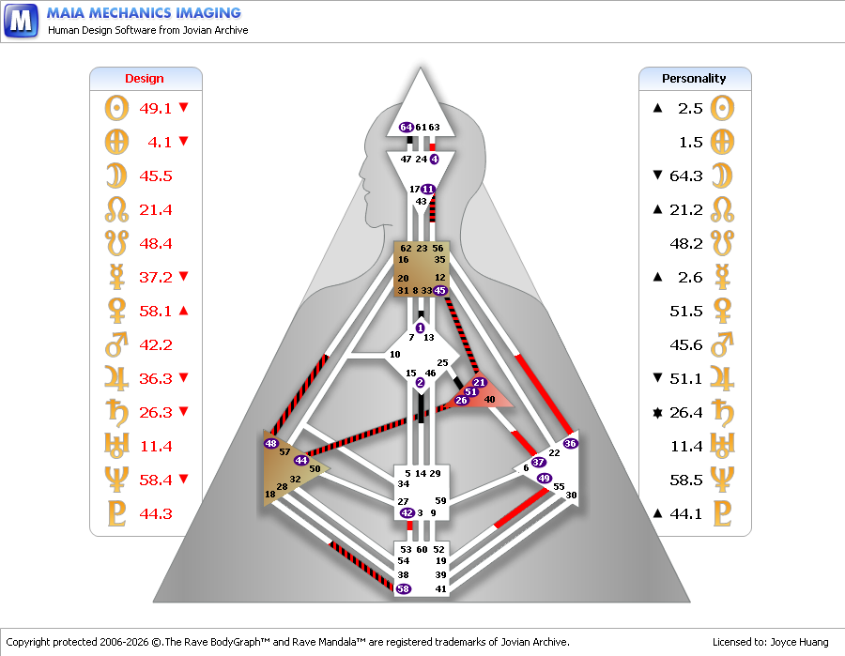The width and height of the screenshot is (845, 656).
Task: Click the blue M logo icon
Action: coord(21,21)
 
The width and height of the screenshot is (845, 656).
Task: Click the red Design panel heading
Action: coord(145,79)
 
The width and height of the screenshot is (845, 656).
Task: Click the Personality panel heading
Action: coord(694,79)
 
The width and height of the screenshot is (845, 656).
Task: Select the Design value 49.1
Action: coord(155,108)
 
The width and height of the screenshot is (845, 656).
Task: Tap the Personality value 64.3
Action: coord(686,176)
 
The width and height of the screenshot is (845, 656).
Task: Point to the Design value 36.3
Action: coord(155,378)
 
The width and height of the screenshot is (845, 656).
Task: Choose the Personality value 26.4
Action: coord(686,413)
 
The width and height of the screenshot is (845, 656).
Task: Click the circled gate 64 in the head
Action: coord(406,127)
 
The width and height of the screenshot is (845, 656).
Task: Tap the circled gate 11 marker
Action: coord(428,189)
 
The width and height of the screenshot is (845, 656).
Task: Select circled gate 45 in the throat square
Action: coord(439,291)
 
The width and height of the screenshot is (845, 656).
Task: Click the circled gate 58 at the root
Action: coord(403,588)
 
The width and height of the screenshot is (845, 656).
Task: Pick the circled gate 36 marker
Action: coord(570,443)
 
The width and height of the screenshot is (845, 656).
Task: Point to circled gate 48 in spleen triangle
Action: coord(270,443)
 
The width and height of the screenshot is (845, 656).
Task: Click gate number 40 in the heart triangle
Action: coord(489,400)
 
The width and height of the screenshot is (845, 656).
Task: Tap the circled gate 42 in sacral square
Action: coord(407,512)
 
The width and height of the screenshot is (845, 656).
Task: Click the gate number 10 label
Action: coord(395,355)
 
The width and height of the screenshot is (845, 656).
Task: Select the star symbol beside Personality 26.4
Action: coord(657,413)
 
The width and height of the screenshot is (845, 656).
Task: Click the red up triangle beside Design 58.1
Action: coord(183,311)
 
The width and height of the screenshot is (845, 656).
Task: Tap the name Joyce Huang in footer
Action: coord(799,642)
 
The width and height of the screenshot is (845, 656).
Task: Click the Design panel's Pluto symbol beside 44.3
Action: coord(116,513)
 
